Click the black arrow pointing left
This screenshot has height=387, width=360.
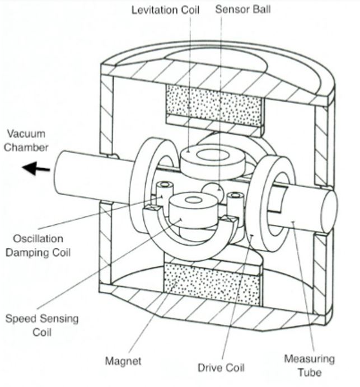click(34, 167)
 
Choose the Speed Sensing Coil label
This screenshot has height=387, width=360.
click(41, 325)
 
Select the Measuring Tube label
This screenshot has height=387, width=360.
click(309, 364)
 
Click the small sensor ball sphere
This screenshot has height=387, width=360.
click(213, 192)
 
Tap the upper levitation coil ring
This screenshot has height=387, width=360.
click(213, 159)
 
